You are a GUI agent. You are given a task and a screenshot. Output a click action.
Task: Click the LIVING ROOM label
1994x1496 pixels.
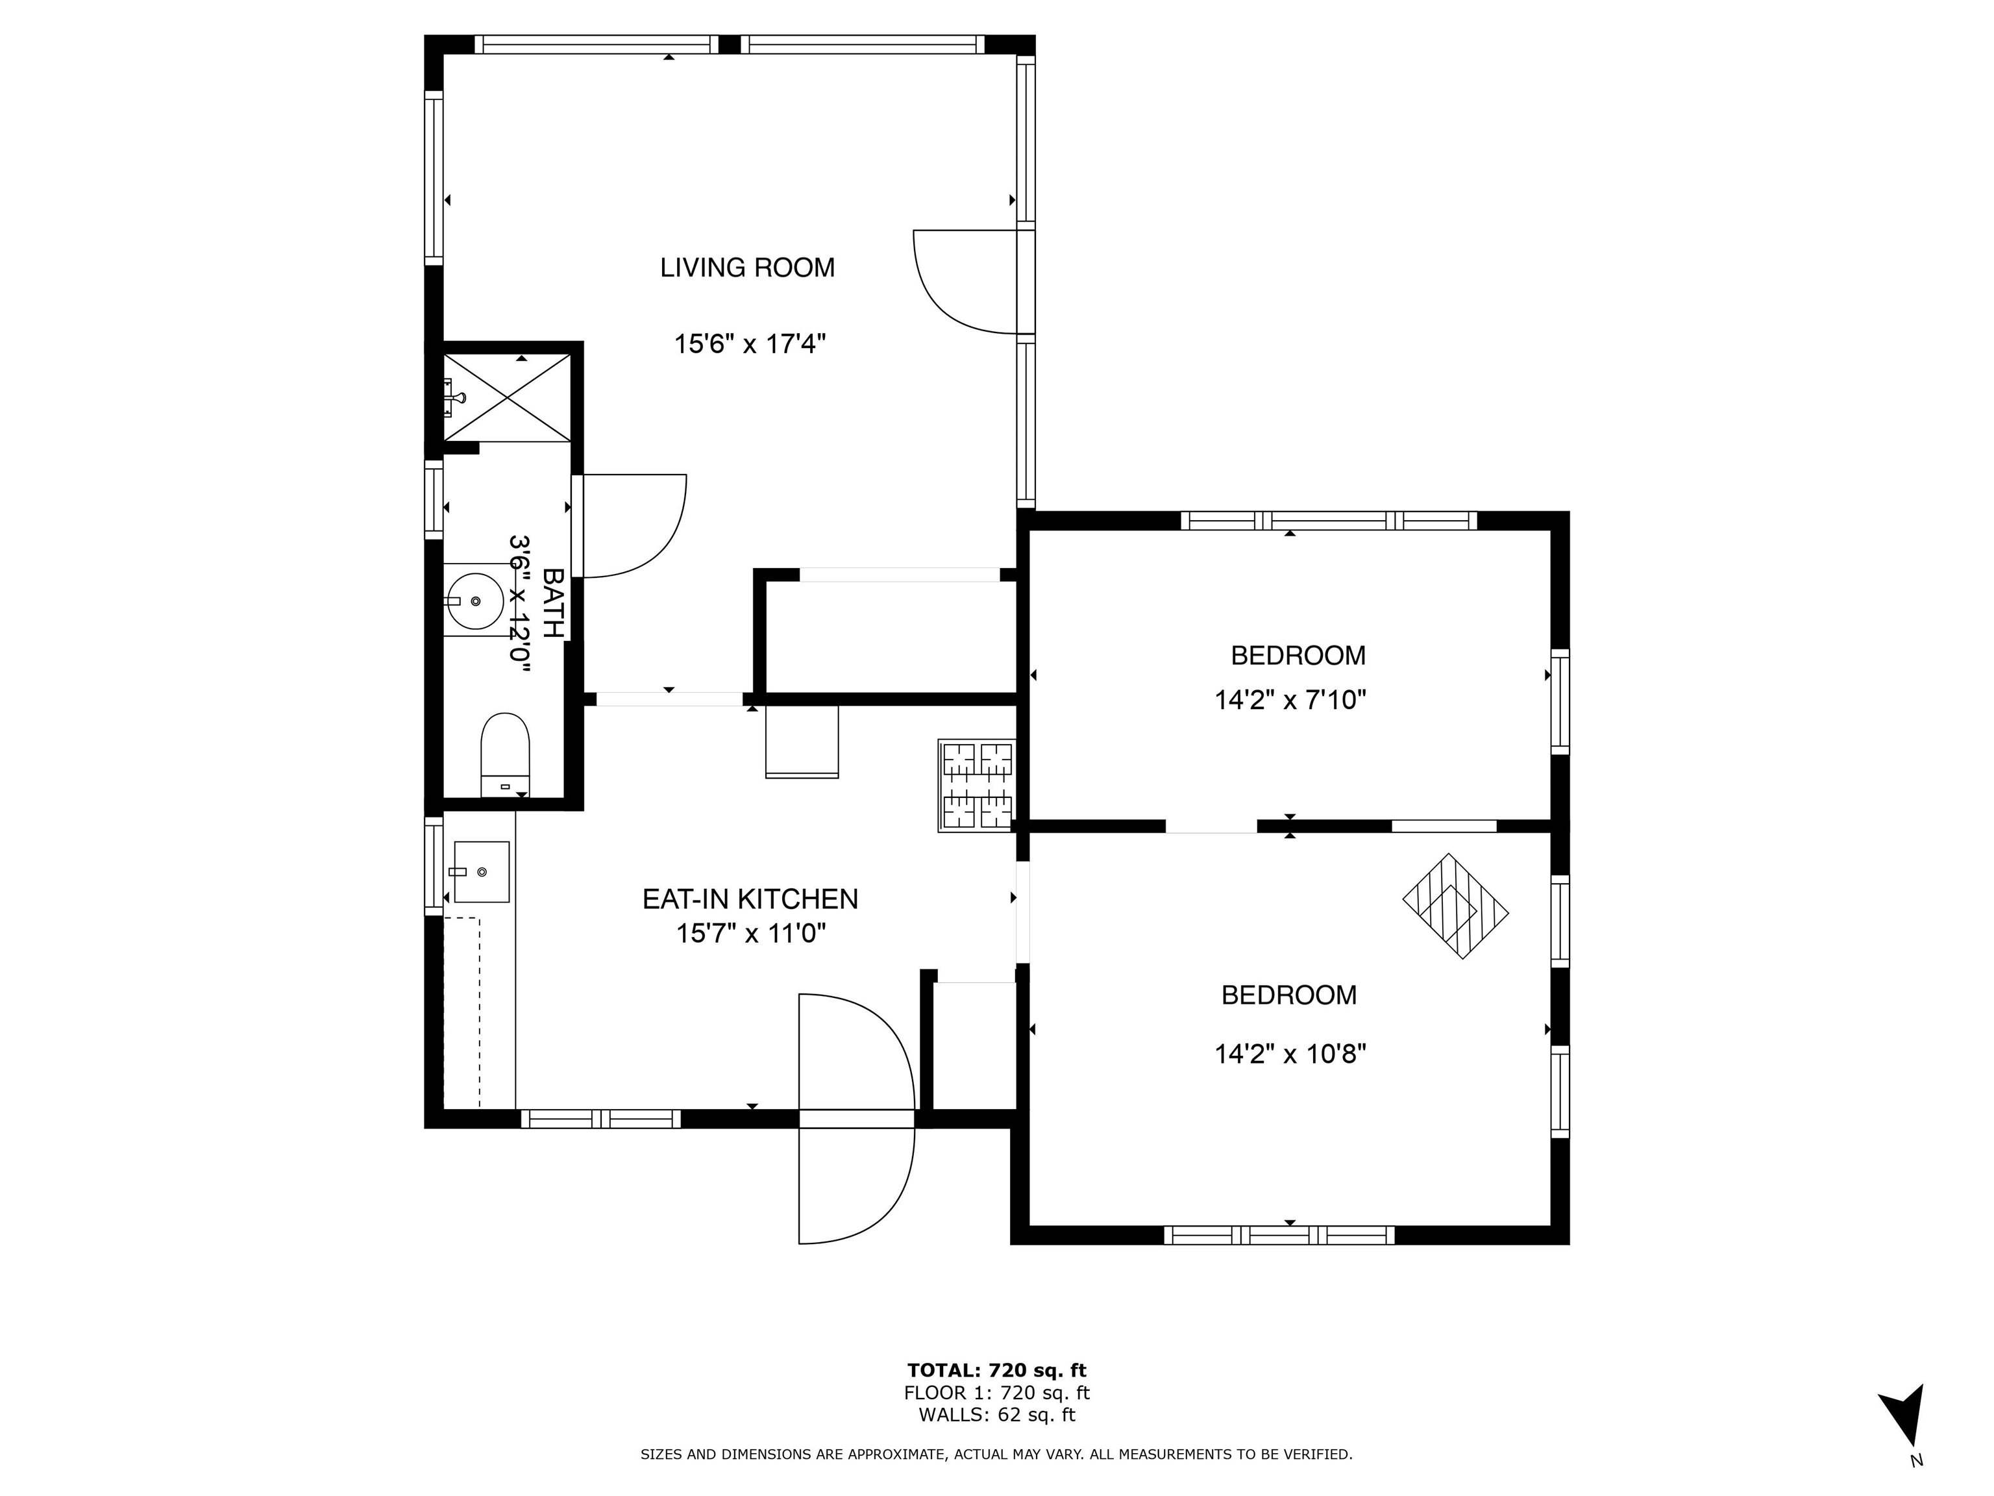[x=747, y=268]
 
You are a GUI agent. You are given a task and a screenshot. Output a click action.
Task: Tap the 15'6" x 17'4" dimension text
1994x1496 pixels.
[x=750, y=343]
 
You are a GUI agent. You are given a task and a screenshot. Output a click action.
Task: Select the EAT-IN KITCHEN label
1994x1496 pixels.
[x=750, y=899]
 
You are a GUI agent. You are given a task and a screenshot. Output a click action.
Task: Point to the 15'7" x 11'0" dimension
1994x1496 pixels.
[x=751, y=933]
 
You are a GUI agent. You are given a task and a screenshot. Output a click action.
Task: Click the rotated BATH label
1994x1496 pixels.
[x=552, y=603]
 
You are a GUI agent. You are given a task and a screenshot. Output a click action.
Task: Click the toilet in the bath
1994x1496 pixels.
[x=505, y=754]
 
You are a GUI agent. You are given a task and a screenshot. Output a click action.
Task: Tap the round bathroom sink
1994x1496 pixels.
[x=475, y=601]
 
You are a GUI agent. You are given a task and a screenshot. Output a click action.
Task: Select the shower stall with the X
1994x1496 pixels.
[x=508, y=397]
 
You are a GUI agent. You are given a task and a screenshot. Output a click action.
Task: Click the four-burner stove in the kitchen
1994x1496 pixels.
[x=977, y=786]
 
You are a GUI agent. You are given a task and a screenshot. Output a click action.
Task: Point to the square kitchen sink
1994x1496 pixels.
[x=482, y=872]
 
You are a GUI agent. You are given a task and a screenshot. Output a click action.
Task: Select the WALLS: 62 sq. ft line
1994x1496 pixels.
[x=997, y=1415]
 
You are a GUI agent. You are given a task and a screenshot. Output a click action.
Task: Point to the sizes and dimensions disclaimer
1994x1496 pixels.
[x=996, y=1454]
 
